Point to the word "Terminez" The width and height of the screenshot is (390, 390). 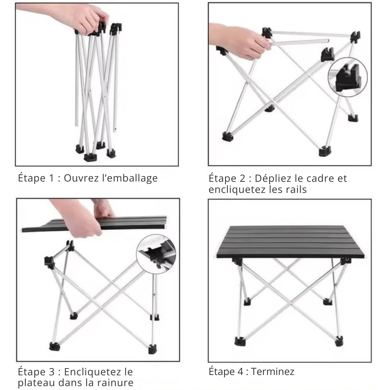pos(273,372)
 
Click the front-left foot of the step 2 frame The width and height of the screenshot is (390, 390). pos(227,137)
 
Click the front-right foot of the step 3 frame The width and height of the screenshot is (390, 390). pos(153,349)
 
